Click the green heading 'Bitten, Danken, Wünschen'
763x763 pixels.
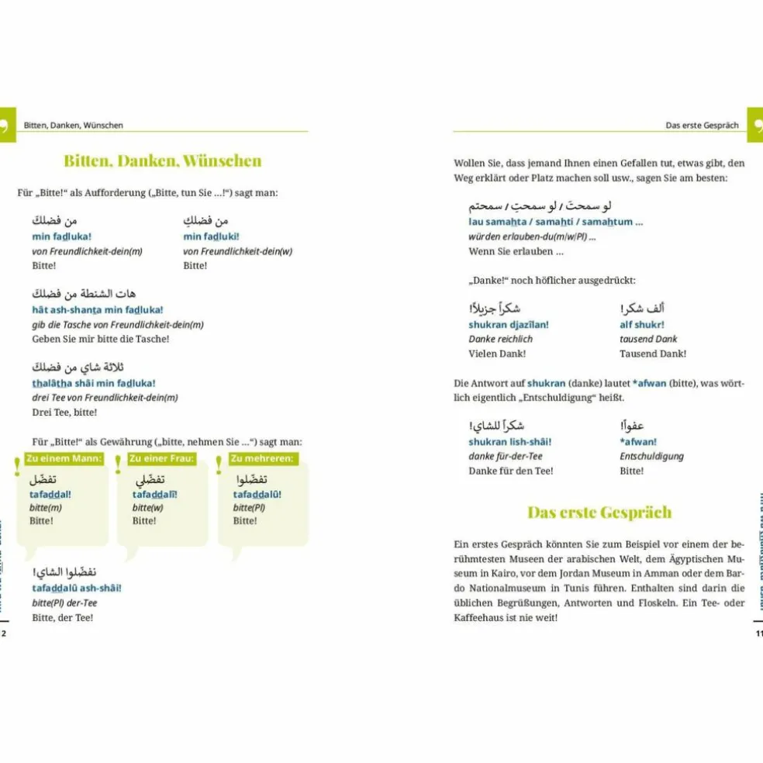click(x=163, y=161)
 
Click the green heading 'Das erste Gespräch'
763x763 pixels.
click(x=599, y=513)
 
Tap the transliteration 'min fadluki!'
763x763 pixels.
click(x=212, y=236)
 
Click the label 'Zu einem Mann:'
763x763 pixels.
click(x=64, y=458)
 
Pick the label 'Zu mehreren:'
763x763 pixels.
click(x=262, y=458)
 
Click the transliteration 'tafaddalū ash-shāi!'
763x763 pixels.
click(x=77, y=588)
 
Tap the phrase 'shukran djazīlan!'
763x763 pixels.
click(x=509, y=324)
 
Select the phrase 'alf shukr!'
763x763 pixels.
click(x=641, y=324)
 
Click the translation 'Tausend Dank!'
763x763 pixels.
click(x=653, y=354)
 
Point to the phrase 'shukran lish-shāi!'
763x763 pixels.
click(x=509, y=441)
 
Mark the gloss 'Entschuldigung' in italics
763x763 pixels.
click(x=651, y=456)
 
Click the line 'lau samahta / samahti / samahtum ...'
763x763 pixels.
click(x=555, y=222)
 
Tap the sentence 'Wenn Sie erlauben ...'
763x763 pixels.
click(x=516, y=251)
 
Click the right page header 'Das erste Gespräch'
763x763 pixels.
click(x=702, y=125)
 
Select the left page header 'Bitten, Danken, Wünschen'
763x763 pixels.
click(x=74, y=125)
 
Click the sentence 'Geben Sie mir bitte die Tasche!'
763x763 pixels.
click(x=100, y=339)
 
